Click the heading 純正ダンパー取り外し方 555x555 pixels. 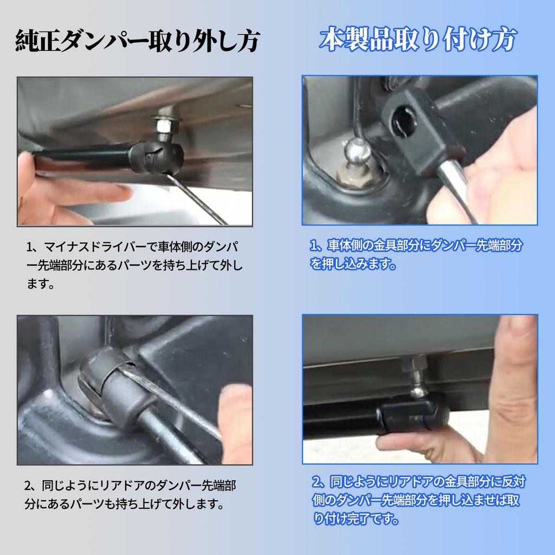138,41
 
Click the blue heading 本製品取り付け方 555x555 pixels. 418,39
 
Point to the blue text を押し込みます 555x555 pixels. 352,264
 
